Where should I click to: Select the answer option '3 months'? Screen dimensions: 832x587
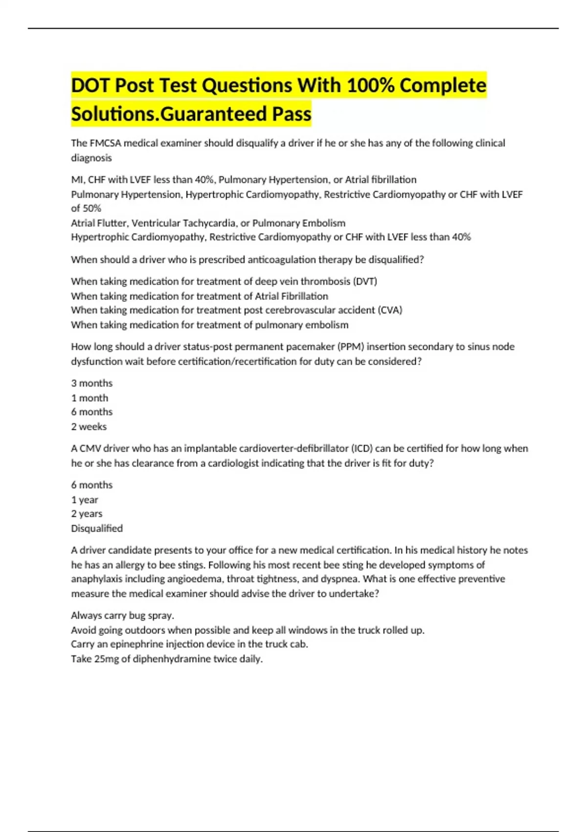pyautogui.click(x=91, y=383)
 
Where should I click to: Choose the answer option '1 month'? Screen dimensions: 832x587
pyautogui.click(x=90, y=398)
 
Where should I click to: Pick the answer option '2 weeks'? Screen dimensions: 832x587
pyautogui.click(x=89, y=427)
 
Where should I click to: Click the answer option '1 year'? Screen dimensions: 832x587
pyautogui.click(x=85, y=500)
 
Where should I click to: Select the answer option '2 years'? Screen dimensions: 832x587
pyautogui.click(x=87, y=514)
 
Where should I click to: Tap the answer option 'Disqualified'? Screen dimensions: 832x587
pyautogui.click(x=97, y=529)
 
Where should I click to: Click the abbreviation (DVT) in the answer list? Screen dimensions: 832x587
pyautogui.click(x=364, y=281)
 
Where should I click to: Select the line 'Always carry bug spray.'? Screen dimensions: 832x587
pyautogui.click(x=122, y=615)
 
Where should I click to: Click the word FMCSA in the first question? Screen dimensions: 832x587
pyautogui.click(x=105, y=143)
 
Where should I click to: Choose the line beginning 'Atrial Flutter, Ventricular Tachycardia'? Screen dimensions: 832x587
pyautogui.click(x=208, y=223)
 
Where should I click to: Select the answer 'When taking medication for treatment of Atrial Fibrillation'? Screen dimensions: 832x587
pyautogui.click(x=199, y=296)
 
